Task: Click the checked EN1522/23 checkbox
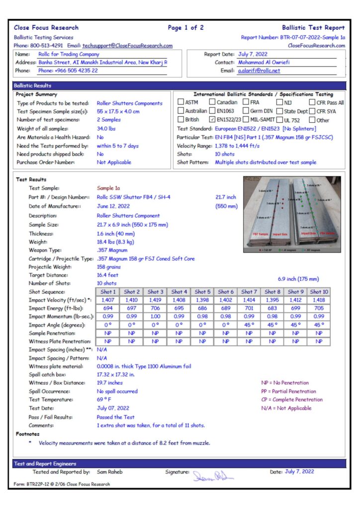212,119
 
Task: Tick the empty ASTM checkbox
181,102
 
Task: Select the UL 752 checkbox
280,119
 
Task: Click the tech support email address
127,46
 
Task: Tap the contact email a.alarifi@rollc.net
259,71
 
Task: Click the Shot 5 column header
202,292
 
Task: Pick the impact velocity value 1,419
155,300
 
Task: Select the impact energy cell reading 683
272,309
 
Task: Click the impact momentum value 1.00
155,317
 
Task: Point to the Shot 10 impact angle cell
319,325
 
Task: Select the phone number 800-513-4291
45,46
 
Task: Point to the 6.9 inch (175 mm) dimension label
298,279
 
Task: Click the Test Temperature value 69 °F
104,400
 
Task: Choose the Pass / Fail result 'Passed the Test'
115,417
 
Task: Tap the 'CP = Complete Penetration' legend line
292,400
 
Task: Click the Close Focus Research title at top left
46,28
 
